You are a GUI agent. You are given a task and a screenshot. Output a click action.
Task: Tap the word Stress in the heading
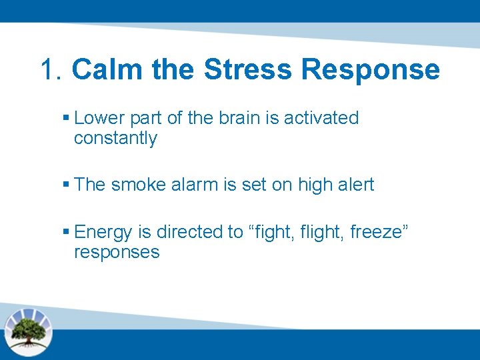coord(247,69)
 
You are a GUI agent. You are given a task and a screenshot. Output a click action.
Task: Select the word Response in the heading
coord(370,69)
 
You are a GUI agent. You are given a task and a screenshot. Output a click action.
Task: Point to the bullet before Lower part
coord(65,118)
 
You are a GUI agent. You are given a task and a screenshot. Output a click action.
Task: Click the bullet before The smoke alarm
coord(65,185)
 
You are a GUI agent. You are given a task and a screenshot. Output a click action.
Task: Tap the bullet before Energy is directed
coord(65,232)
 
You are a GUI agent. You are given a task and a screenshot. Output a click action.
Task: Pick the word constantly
coord(115,139)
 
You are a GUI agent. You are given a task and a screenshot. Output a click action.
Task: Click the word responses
coord(117,253)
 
